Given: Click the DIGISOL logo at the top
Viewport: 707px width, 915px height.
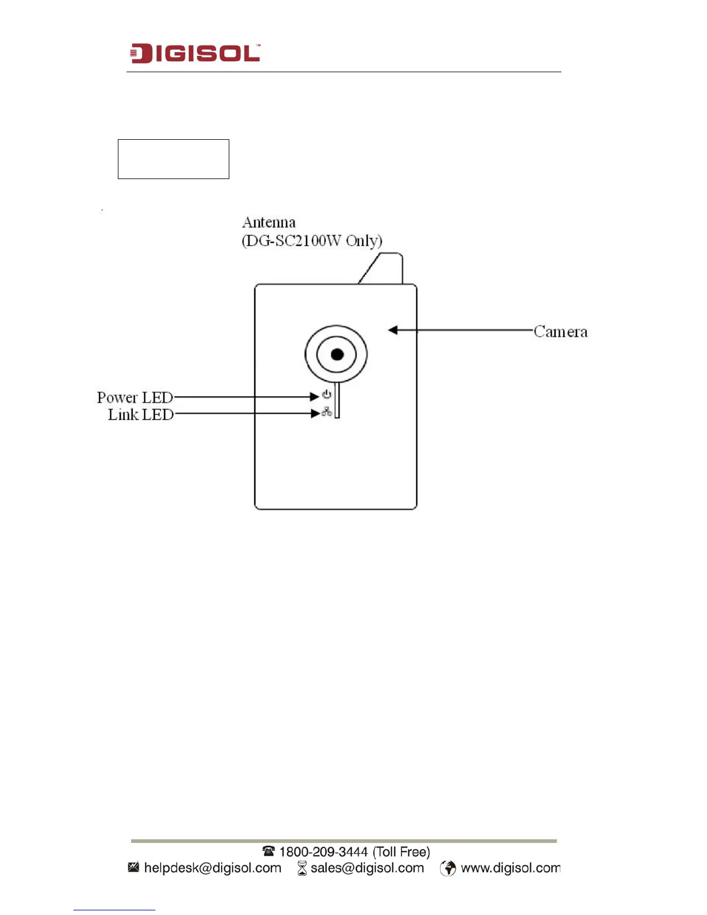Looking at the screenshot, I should pos(195,53).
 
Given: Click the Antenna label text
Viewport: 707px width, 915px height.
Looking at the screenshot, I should pos(269,222).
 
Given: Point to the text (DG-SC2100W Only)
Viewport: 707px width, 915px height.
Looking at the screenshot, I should pos(312,241).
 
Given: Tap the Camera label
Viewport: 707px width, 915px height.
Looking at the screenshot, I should pos(560,332).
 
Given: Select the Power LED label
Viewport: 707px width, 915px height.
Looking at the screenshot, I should pos(135,397).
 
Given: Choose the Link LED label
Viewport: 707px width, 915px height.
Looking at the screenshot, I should pos(140,414).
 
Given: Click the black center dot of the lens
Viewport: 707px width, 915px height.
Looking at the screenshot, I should pos(337,354).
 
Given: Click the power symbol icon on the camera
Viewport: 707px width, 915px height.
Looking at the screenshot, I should pos(327,395).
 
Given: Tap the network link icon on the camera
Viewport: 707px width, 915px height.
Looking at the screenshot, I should pos(327,412).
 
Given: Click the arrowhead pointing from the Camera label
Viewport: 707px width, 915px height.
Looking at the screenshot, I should pos(393,330).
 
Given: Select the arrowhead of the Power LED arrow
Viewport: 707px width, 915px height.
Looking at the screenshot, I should pos(315,397).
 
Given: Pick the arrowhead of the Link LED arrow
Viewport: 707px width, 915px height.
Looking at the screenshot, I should pos(315,414).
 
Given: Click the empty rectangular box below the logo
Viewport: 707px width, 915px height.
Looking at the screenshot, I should pos(173,159).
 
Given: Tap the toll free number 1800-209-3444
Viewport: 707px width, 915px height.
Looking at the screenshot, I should pos(354,851).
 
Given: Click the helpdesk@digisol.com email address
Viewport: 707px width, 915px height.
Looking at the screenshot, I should pos(213,868).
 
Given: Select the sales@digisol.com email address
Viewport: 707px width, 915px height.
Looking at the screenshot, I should pos(367,868).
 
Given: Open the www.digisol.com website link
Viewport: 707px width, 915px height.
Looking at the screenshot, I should pos(510,868).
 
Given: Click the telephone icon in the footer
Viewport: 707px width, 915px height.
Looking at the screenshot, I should pos(269,851).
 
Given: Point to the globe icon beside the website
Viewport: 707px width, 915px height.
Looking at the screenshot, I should pos(448,868).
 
